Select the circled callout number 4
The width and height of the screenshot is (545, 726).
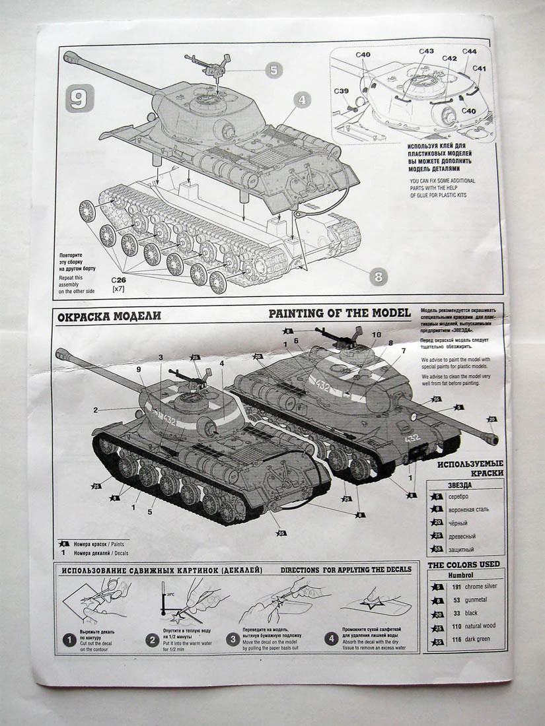pos(302,100)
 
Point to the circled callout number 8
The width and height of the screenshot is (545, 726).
pos(378,277)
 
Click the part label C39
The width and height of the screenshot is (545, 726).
pos(341,91)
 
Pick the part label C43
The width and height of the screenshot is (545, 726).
pos(426,51)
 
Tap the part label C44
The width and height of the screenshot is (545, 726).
pos(469,51)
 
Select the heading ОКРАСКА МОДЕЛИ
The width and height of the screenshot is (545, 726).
pos(109,316)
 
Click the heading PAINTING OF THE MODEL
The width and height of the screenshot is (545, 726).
pos(339,313)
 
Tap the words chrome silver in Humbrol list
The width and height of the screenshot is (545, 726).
pos(482,586)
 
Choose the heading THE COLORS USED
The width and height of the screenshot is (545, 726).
pos(463,565)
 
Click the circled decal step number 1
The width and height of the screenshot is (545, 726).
pos(68,639)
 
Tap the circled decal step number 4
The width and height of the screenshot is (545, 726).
pos(332,639)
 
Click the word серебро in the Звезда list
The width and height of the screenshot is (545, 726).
pos(458,496)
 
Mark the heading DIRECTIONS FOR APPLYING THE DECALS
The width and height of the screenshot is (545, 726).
pos(345,570)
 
